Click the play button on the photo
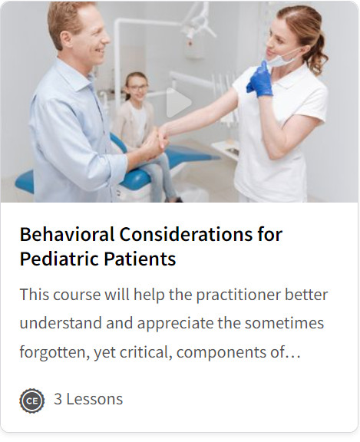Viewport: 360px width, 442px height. point(178,102)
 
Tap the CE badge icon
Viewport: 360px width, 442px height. point(32,401)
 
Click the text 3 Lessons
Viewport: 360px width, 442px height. point(88,399)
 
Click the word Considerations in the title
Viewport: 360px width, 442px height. point(186,234)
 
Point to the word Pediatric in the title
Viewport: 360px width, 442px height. point(60,259)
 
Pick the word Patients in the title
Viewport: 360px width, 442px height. point(140,259)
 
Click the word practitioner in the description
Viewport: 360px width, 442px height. point(238,295)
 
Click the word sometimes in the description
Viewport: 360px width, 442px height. point(284,323)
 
